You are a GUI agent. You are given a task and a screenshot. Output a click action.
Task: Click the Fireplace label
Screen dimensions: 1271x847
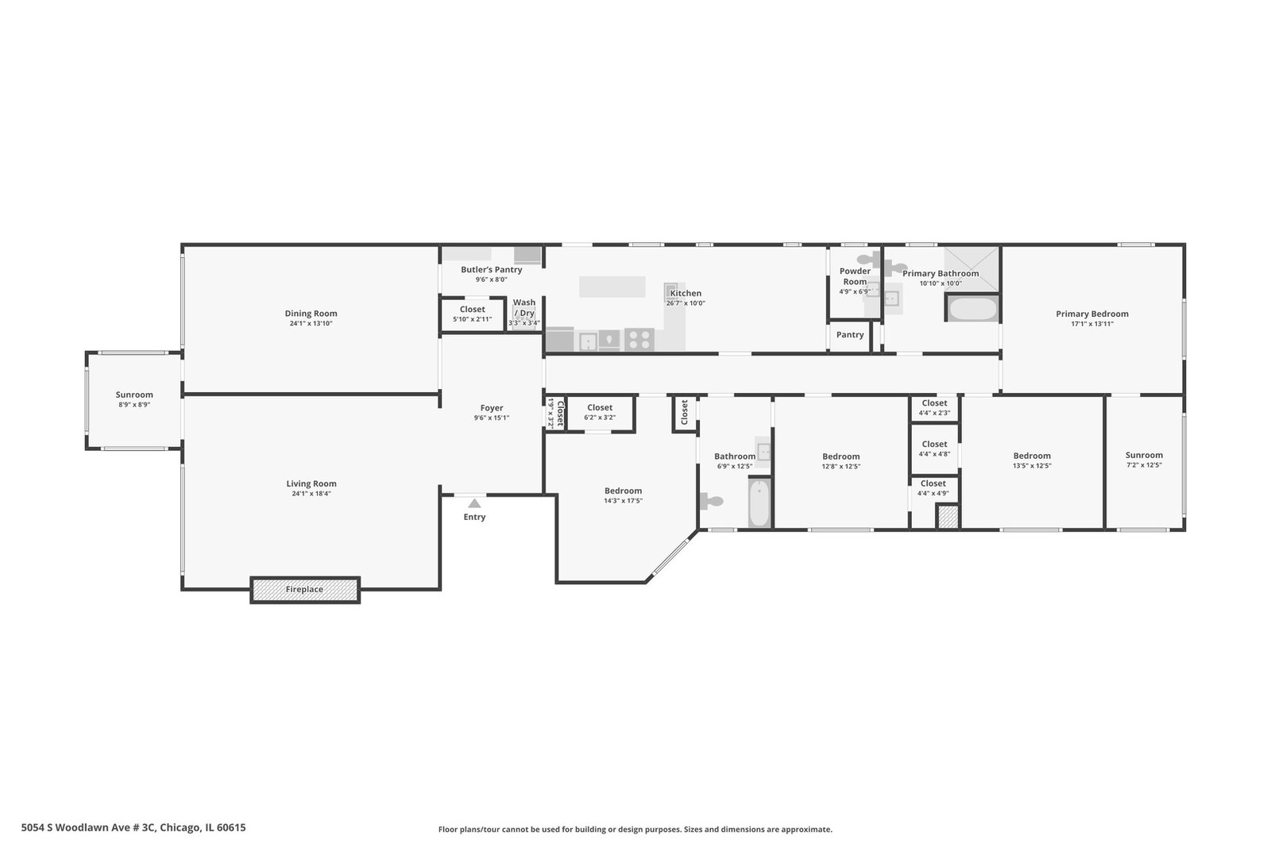click(x=304, y=590)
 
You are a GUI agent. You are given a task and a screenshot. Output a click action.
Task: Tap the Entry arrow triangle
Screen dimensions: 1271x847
click(x=474, y=503)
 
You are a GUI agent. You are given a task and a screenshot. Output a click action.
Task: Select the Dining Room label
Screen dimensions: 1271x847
click(x=311, y=314)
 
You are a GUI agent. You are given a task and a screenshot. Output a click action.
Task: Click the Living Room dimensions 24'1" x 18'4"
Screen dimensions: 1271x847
click(x=311, y=494)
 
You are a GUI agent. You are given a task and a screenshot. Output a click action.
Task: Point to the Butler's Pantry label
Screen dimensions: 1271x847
click(x=492, y=270)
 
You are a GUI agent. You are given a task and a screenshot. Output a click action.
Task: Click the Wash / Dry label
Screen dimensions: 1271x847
click(x=524, y=308)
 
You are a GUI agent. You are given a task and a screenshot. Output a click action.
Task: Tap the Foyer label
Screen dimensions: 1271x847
click(x=492, y=408)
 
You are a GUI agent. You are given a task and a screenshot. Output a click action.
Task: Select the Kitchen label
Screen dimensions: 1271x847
click(x=686, y=294)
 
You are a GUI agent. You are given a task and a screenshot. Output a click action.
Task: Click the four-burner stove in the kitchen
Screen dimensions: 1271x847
click(x=639, y=340)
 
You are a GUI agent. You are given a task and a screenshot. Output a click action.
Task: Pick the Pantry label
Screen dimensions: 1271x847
click(x=850, y=335)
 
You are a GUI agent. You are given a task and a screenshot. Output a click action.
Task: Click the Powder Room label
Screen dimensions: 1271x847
click(x=855, y=277)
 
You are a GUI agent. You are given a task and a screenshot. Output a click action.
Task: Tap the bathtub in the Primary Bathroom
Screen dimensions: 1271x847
click(x=973, y=309)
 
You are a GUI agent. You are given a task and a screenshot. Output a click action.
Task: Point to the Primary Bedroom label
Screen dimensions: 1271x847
click(x=1092, y=314)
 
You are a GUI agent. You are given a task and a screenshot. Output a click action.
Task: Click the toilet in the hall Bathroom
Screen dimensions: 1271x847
click(x=712, y=501)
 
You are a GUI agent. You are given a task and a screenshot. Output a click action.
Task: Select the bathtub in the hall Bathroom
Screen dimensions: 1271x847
click(x=759, y=503)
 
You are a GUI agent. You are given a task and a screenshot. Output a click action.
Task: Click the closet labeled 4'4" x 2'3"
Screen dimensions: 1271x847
click(x=934, y=408)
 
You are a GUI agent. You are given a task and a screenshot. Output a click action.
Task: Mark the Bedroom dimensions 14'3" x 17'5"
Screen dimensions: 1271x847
click(x=623, y=501)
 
